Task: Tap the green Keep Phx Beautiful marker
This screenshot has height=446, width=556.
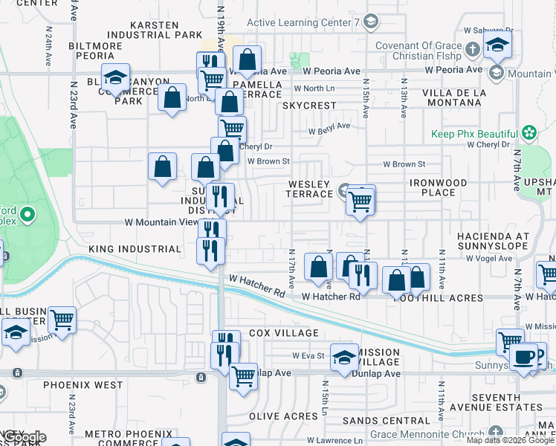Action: pos(528,133)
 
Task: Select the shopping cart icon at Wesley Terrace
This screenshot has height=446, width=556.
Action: pos(361,200)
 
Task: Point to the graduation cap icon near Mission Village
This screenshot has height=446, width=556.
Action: pos(344,357)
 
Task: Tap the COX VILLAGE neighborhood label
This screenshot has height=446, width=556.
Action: pos(283,333)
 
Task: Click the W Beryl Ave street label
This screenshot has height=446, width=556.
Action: pos(330,126)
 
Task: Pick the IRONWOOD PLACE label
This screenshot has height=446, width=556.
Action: pos(438,187)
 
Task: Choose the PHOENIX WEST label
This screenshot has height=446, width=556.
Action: pos(83,385)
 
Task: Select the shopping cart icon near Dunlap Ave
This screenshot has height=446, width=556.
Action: pos(243,376)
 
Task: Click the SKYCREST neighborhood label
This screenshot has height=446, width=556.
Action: pos(309,106)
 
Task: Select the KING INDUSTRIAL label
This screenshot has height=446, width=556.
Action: pos(135,249)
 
